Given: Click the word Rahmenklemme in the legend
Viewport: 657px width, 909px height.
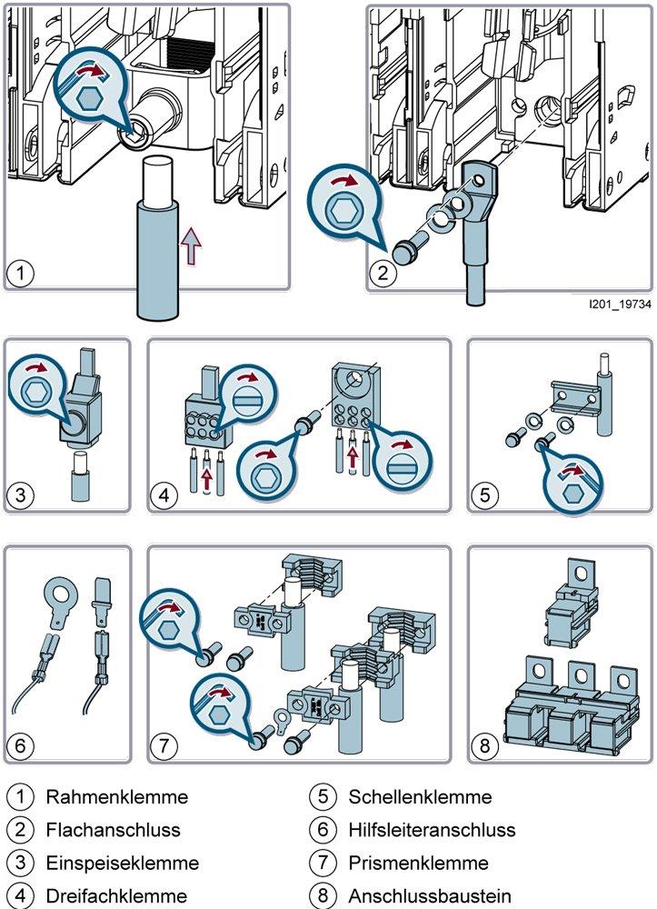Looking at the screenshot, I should point(116,797).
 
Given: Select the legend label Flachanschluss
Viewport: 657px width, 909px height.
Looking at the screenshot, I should point(113,829).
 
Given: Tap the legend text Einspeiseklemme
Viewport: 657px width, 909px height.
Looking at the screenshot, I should point(122,863).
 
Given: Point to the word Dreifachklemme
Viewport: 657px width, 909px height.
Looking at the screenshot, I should point(116,895).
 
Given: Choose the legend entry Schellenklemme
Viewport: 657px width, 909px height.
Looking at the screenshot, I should point(419,797).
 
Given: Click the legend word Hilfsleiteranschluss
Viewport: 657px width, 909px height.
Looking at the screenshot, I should point(432,829).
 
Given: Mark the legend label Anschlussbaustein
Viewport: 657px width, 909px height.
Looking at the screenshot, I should point(430,895).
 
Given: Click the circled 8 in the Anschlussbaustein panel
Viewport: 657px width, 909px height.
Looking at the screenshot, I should point(484,747).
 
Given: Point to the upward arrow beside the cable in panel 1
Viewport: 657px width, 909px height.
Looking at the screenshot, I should point(190,245).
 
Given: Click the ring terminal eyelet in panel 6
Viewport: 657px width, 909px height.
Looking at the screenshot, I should point(59,601).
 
